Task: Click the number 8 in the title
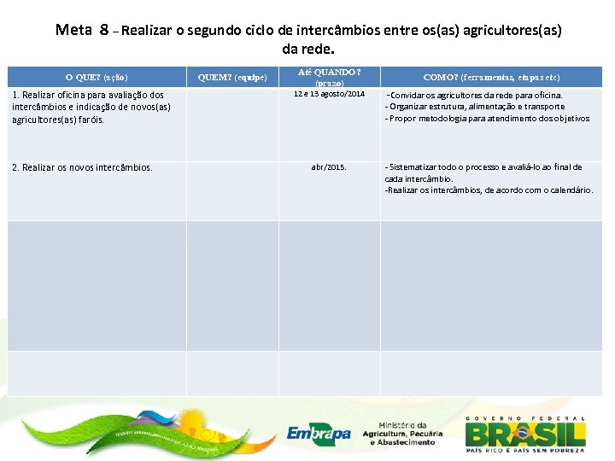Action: [103, 30]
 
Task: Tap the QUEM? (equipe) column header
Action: [238, 77]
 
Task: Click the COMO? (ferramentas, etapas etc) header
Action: [491, 77]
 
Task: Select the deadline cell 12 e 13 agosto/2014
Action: [329, 94]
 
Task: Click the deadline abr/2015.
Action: [329, 167]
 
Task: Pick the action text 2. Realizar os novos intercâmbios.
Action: [82, 167]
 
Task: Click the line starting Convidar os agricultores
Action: [474, 95]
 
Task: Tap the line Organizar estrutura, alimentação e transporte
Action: [475, 107]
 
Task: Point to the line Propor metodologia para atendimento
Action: [487, 119]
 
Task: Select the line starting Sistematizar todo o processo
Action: [483, 167]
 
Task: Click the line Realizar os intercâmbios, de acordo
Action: [489, 190]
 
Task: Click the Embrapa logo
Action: [319, 434]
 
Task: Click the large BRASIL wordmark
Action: [525, 434]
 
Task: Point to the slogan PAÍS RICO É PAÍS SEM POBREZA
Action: [525, 450]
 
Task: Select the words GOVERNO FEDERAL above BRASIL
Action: [525, 418]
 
